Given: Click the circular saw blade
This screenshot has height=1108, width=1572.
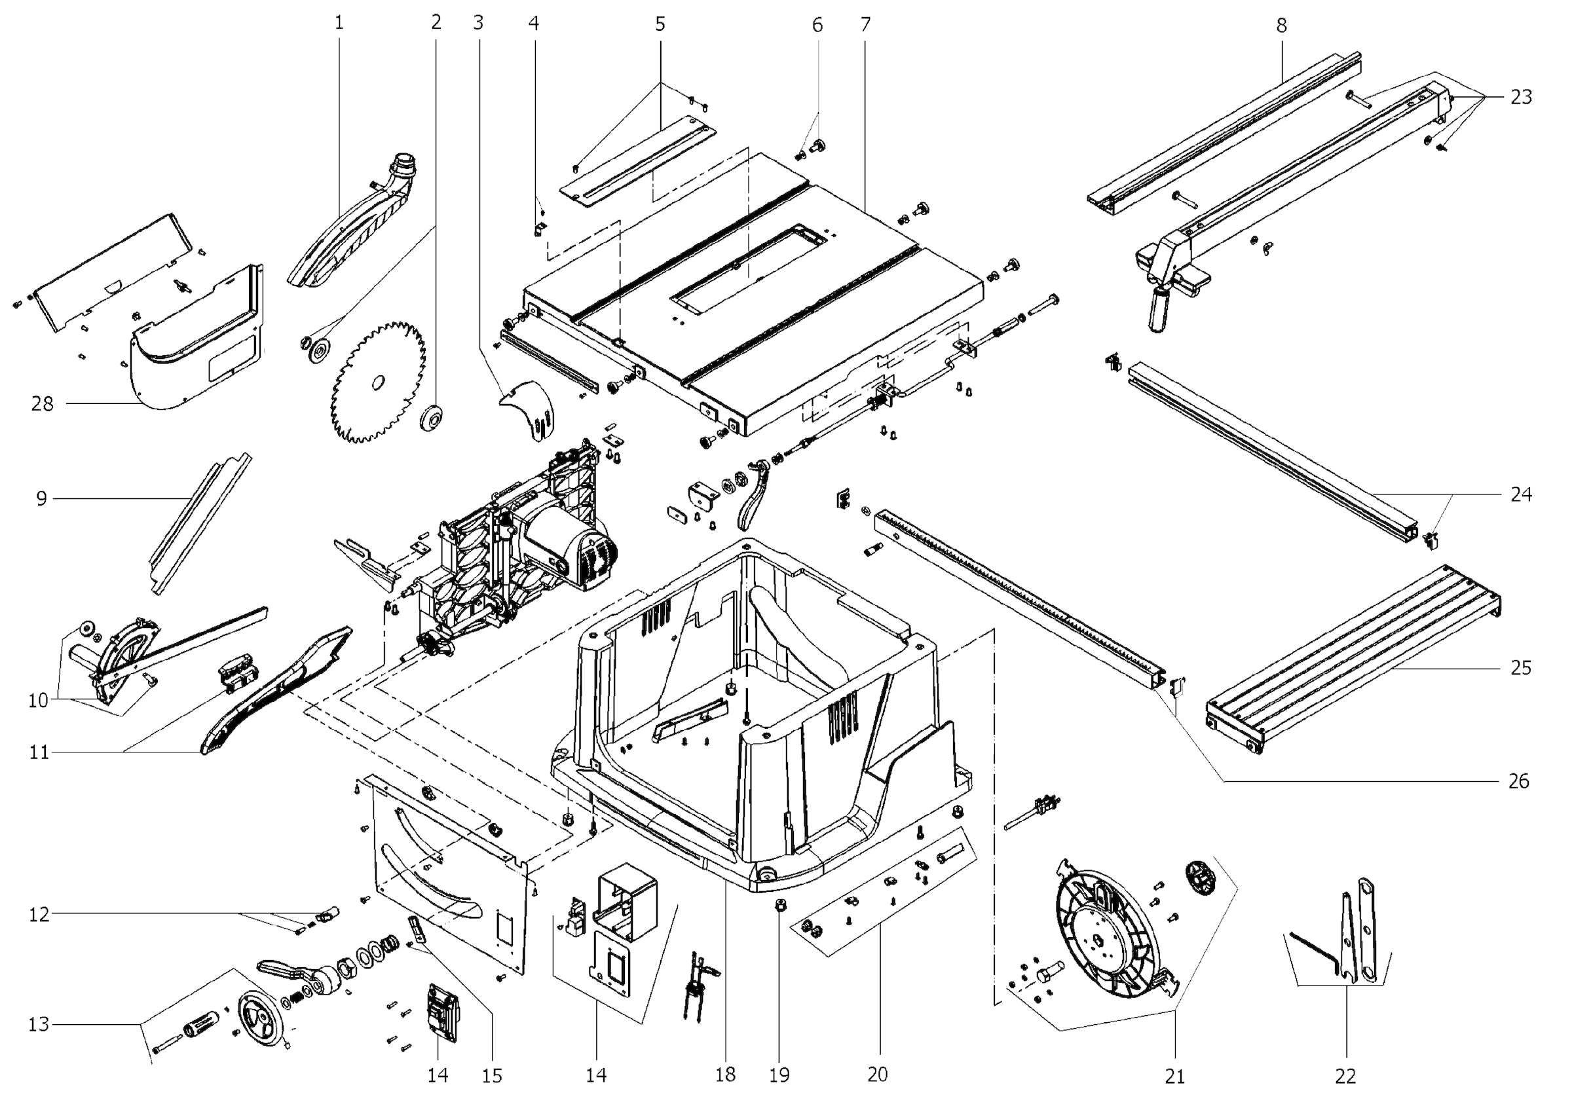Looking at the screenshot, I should (377, 383).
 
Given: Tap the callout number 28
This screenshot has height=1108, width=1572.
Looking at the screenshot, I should (42, 405).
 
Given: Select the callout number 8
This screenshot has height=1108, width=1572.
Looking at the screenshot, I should (1281, 26).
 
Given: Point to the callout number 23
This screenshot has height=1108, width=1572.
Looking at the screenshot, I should (1521, 97).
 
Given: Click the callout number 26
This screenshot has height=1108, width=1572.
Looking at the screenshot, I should (1518, 781).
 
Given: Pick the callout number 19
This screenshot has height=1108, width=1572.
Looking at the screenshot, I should (779, 1075).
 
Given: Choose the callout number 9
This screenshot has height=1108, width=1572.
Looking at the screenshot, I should (42, 499).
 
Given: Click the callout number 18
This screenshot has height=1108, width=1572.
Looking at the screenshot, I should (725, 1075).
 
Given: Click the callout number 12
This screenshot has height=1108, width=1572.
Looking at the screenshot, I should (39, 914).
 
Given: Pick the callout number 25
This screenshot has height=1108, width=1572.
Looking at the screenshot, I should (1520, 667).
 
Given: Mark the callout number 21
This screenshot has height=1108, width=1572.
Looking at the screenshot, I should (1174, 1077).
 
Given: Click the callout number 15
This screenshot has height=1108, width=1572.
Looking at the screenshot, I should (492, 1076).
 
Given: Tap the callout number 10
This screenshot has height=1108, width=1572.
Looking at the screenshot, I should (39, 700).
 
